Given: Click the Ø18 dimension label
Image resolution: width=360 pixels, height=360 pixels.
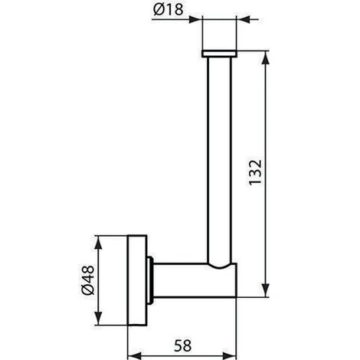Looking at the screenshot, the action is (x=169, y=10).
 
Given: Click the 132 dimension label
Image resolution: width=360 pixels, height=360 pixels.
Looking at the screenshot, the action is (x=255, y=172).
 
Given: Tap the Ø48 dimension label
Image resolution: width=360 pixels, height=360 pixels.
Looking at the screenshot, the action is (x=88, y=280).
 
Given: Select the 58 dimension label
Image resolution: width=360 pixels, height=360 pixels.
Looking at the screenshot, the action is (x=182, y=345).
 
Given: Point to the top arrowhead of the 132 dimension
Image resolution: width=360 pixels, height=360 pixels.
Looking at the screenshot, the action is (x=266, y=59).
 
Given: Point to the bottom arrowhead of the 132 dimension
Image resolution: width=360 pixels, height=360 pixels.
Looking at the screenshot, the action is (x=266, y=290).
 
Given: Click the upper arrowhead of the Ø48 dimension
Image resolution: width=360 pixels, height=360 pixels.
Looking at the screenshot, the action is (x=98, y=244).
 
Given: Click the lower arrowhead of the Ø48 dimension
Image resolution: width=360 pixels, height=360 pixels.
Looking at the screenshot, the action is (x=98, y=318).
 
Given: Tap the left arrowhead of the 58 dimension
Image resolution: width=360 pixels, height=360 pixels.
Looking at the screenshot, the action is (x=135, y=355).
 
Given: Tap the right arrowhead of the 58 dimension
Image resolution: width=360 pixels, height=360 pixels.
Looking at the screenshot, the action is (x=229, y=355).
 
